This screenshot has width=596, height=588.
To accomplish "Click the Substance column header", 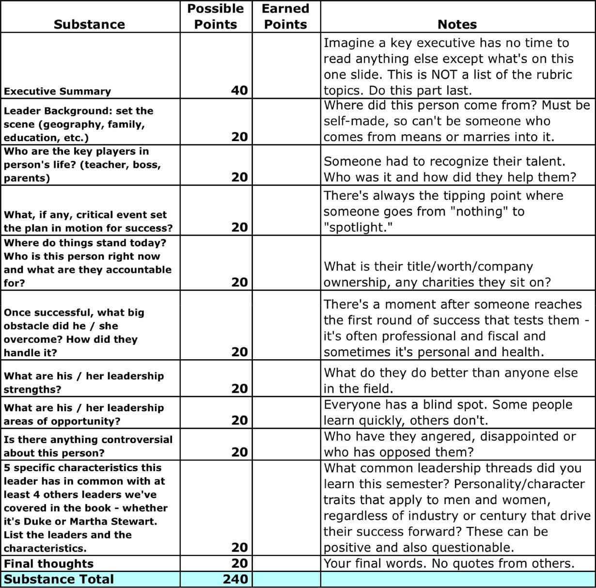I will (x=89, y=24).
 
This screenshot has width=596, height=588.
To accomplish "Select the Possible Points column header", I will (x=215, y=16).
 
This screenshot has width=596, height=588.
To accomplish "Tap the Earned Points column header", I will (x=285, y=16).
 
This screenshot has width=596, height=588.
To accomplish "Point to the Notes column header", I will (x=457, y=24).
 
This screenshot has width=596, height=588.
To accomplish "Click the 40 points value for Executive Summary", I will (x=239, y=90).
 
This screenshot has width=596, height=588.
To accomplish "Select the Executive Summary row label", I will (x=57, y=91).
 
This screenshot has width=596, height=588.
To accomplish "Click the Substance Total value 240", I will (x=235, y=579).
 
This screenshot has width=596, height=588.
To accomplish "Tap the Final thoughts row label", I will (x=48, y=564).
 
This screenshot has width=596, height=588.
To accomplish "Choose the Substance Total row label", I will (x=59, y=579).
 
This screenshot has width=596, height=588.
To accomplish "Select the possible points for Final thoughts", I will (x=239, y=563).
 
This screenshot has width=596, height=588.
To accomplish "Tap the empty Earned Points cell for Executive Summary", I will (x=286, y=65).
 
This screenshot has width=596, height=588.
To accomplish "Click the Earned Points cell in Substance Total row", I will (x=286, y=579).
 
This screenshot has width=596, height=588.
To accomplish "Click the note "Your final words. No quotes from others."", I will (x=449, y=563).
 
